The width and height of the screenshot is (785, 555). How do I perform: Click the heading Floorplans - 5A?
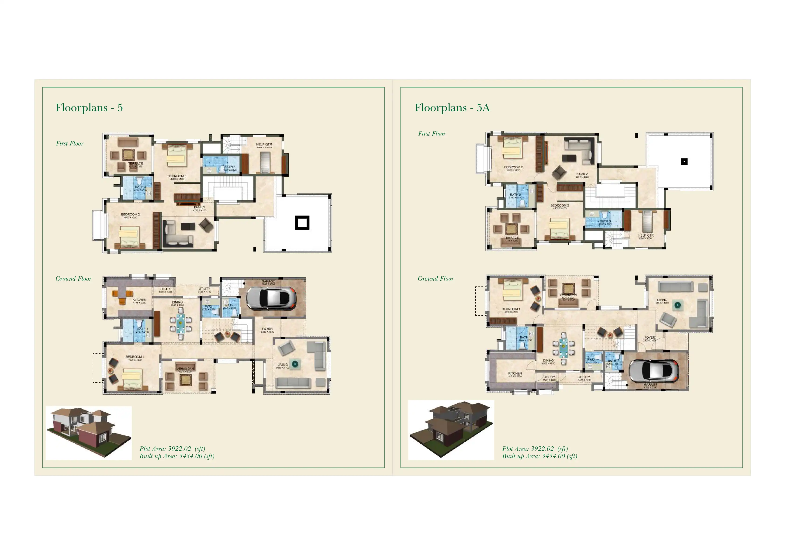click(x=452, y=108)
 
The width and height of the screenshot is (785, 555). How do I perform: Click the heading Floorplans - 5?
click(x=89, y=108)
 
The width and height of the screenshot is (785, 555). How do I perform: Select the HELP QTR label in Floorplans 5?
click(x=264, y=145)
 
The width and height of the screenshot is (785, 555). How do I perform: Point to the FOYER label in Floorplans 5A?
click(x=650, y=337)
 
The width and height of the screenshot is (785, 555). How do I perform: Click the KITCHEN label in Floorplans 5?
click(x=139, y=300)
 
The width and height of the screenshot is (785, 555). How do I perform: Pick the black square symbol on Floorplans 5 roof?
click(x=302, y=223)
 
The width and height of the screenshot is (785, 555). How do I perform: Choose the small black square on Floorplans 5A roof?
click(x=684, y=162)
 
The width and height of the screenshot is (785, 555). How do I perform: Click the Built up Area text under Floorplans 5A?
click(x=539, y=456)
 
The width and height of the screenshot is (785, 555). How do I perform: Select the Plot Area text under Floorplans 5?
click(x=172, y=448)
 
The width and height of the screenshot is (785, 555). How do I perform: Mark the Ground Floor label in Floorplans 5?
click(x=73, y=279)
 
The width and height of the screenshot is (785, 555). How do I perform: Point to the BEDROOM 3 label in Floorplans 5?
click(x=177, y=176)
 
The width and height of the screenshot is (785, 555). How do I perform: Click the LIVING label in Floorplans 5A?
click(x=662, y=300)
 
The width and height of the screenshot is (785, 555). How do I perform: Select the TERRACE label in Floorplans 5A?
click(x=511, y=238)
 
